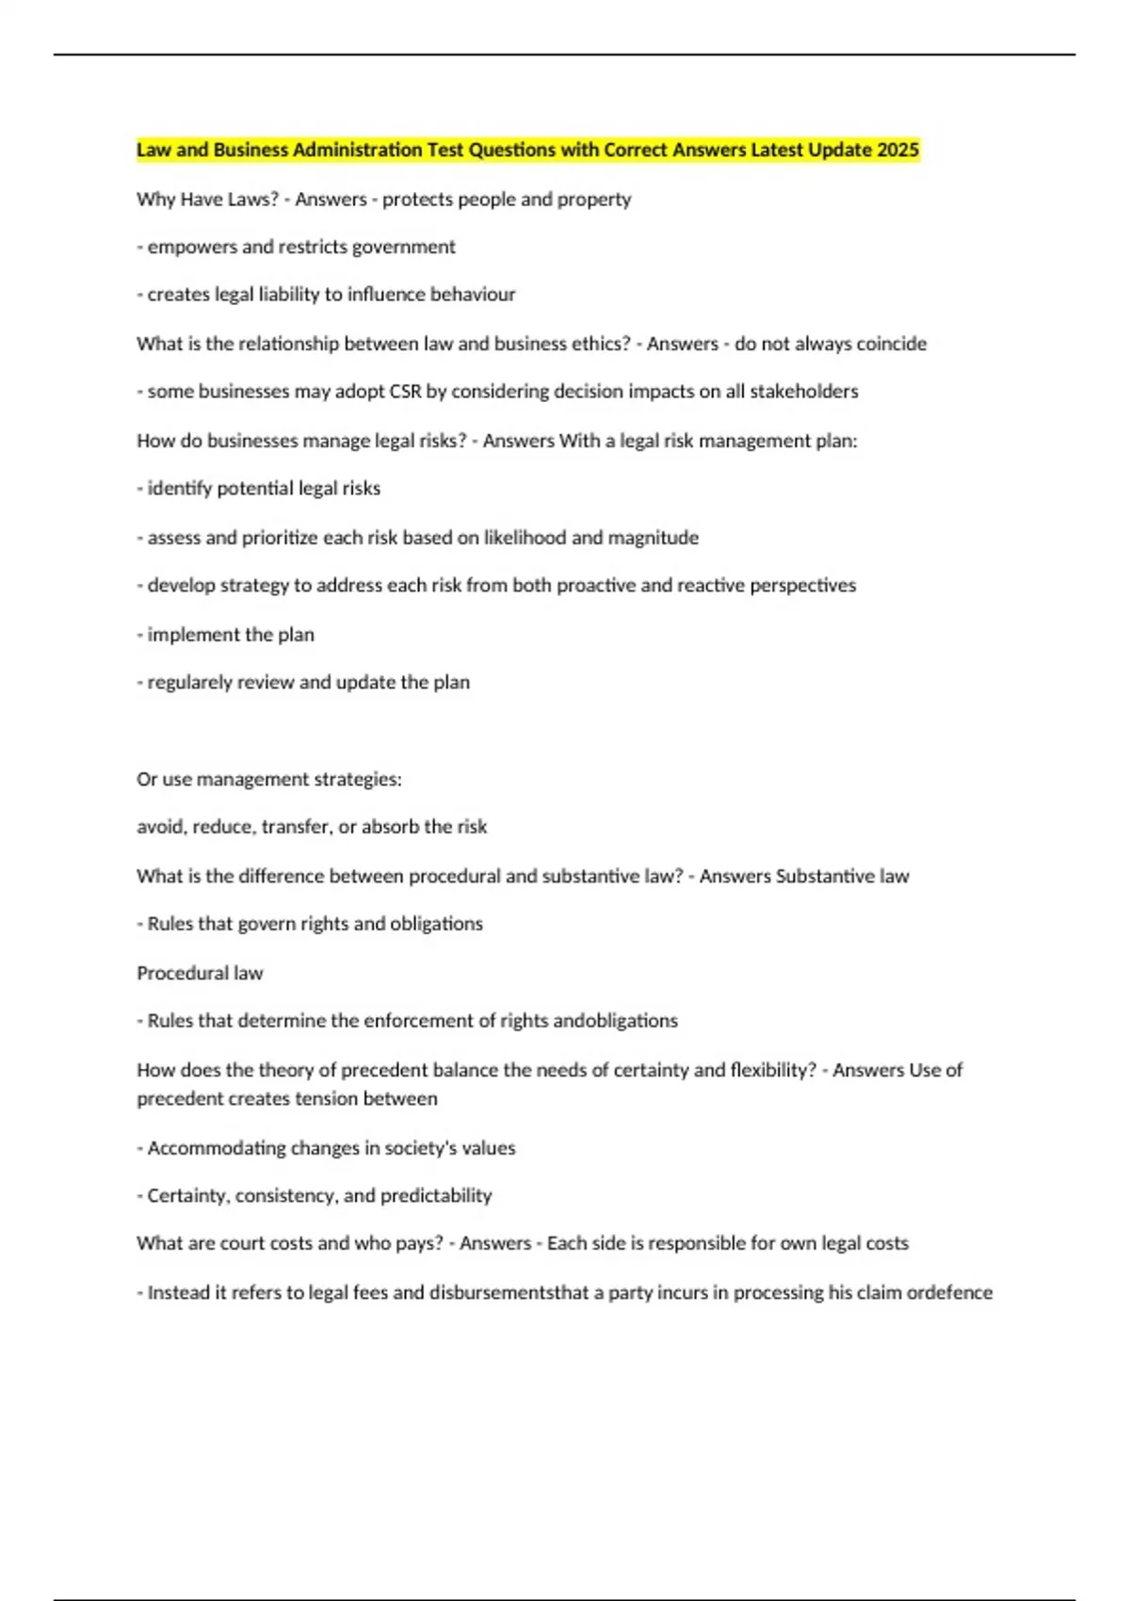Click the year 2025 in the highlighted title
(x=897, y=150)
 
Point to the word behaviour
(x=473, y=295)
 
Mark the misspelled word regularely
(x=190, y=683)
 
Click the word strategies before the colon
(x=362, y=780)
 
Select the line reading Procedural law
(x=200, y=973)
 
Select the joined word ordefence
(x=949, y=1293)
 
